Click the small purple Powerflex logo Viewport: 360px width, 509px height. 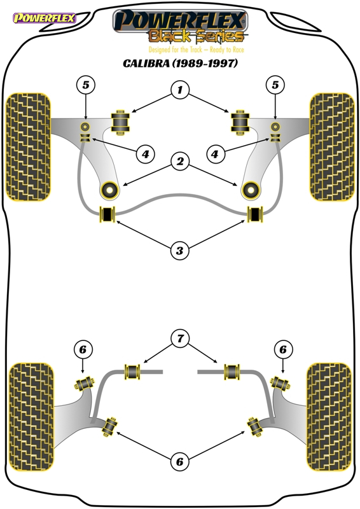coord(45,18)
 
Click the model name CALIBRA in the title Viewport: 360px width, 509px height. coord(146,62)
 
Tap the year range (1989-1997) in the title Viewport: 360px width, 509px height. coord(205,62)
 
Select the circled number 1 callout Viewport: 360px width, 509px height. coord(180,89)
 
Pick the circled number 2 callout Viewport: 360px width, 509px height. coord(180,161)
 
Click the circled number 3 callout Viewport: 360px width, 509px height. coord(179,250)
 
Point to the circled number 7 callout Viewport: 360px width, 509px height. coord(180,339)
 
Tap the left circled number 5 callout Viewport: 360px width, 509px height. coord(85,85)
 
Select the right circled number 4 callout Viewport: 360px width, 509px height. coord(215,154)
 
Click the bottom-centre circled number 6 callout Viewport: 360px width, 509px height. coord(179,462)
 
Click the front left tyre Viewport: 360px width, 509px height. coord(29,147)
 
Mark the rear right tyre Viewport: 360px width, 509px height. coord(329,417)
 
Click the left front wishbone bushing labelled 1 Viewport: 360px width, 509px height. coord(120,122)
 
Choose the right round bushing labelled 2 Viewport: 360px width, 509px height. coord(250,190)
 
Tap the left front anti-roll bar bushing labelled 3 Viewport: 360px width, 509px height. coord(107,214)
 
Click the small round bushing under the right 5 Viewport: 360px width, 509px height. coord(275,126)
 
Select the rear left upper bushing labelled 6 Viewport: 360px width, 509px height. coord(85,384)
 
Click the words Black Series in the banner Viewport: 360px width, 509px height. coord(197,36)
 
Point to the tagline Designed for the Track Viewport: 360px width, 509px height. coord(175,50)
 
